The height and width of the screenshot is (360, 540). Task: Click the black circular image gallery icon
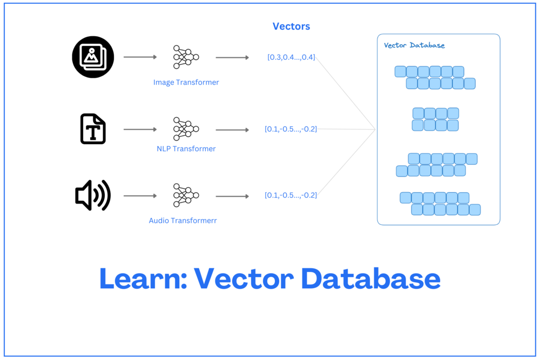tap(93, 57)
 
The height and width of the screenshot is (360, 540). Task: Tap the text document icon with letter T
tap(93, 129)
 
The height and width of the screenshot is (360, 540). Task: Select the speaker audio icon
tap(93, 195)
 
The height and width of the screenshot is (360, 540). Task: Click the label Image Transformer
tap(186, 83)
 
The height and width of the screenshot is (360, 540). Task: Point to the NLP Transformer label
tap(186, 148)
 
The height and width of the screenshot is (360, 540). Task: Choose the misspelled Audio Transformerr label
tap(183, 221)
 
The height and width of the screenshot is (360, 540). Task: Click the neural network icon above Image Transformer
tap(186, 57)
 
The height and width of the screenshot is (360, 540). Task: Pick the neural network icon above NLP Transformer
tap(186, 129)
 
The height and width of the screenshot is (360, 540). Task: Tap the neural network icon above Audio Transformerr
tap(186, 195)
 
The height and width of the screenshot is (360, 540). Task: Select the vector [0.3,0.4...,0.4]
tap(291, 57)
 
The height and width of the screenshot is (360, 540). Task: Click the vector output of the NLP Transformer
tap(291, 129)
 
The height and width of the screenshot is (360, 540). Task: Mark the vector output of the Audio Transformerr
tap(291, 195)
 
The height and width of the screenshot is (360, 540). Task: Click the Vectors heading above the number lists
tap(291, 26)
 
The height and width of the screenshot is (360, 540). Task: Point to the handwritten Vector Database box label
tap(414, 45)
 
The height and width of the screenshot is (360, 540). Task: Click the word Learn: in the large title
tap(143, 279)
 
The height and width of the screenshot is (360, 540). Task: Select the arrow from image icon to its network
tap(140, 57)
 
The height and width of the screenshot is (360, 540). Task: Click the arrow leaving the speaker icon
tap(140, 195)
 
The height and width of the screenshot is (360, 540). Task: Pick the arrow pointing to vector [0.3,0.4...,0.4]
tap(232, 57)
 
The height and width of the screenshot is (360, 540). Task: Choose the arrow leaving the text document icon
tap(140, 130)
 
